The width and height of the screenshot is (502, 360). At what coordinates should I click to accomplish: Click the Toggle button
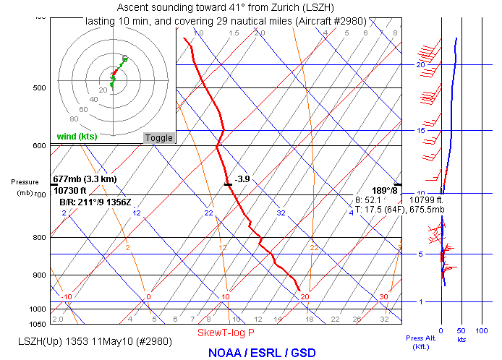pos(159,138)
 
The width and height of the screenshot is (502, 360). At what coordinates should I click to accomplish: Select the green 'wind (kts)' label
pos(77,137)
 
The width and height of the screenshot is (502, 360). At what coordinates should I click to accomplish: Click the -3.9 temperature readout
pos(242,179)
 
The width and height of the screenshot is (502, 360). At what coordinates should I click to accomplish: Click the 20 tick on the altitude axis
pos(420,65)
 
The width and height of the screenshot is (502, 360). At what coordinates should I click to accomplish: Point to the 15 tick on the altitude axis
pos(420,131)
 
